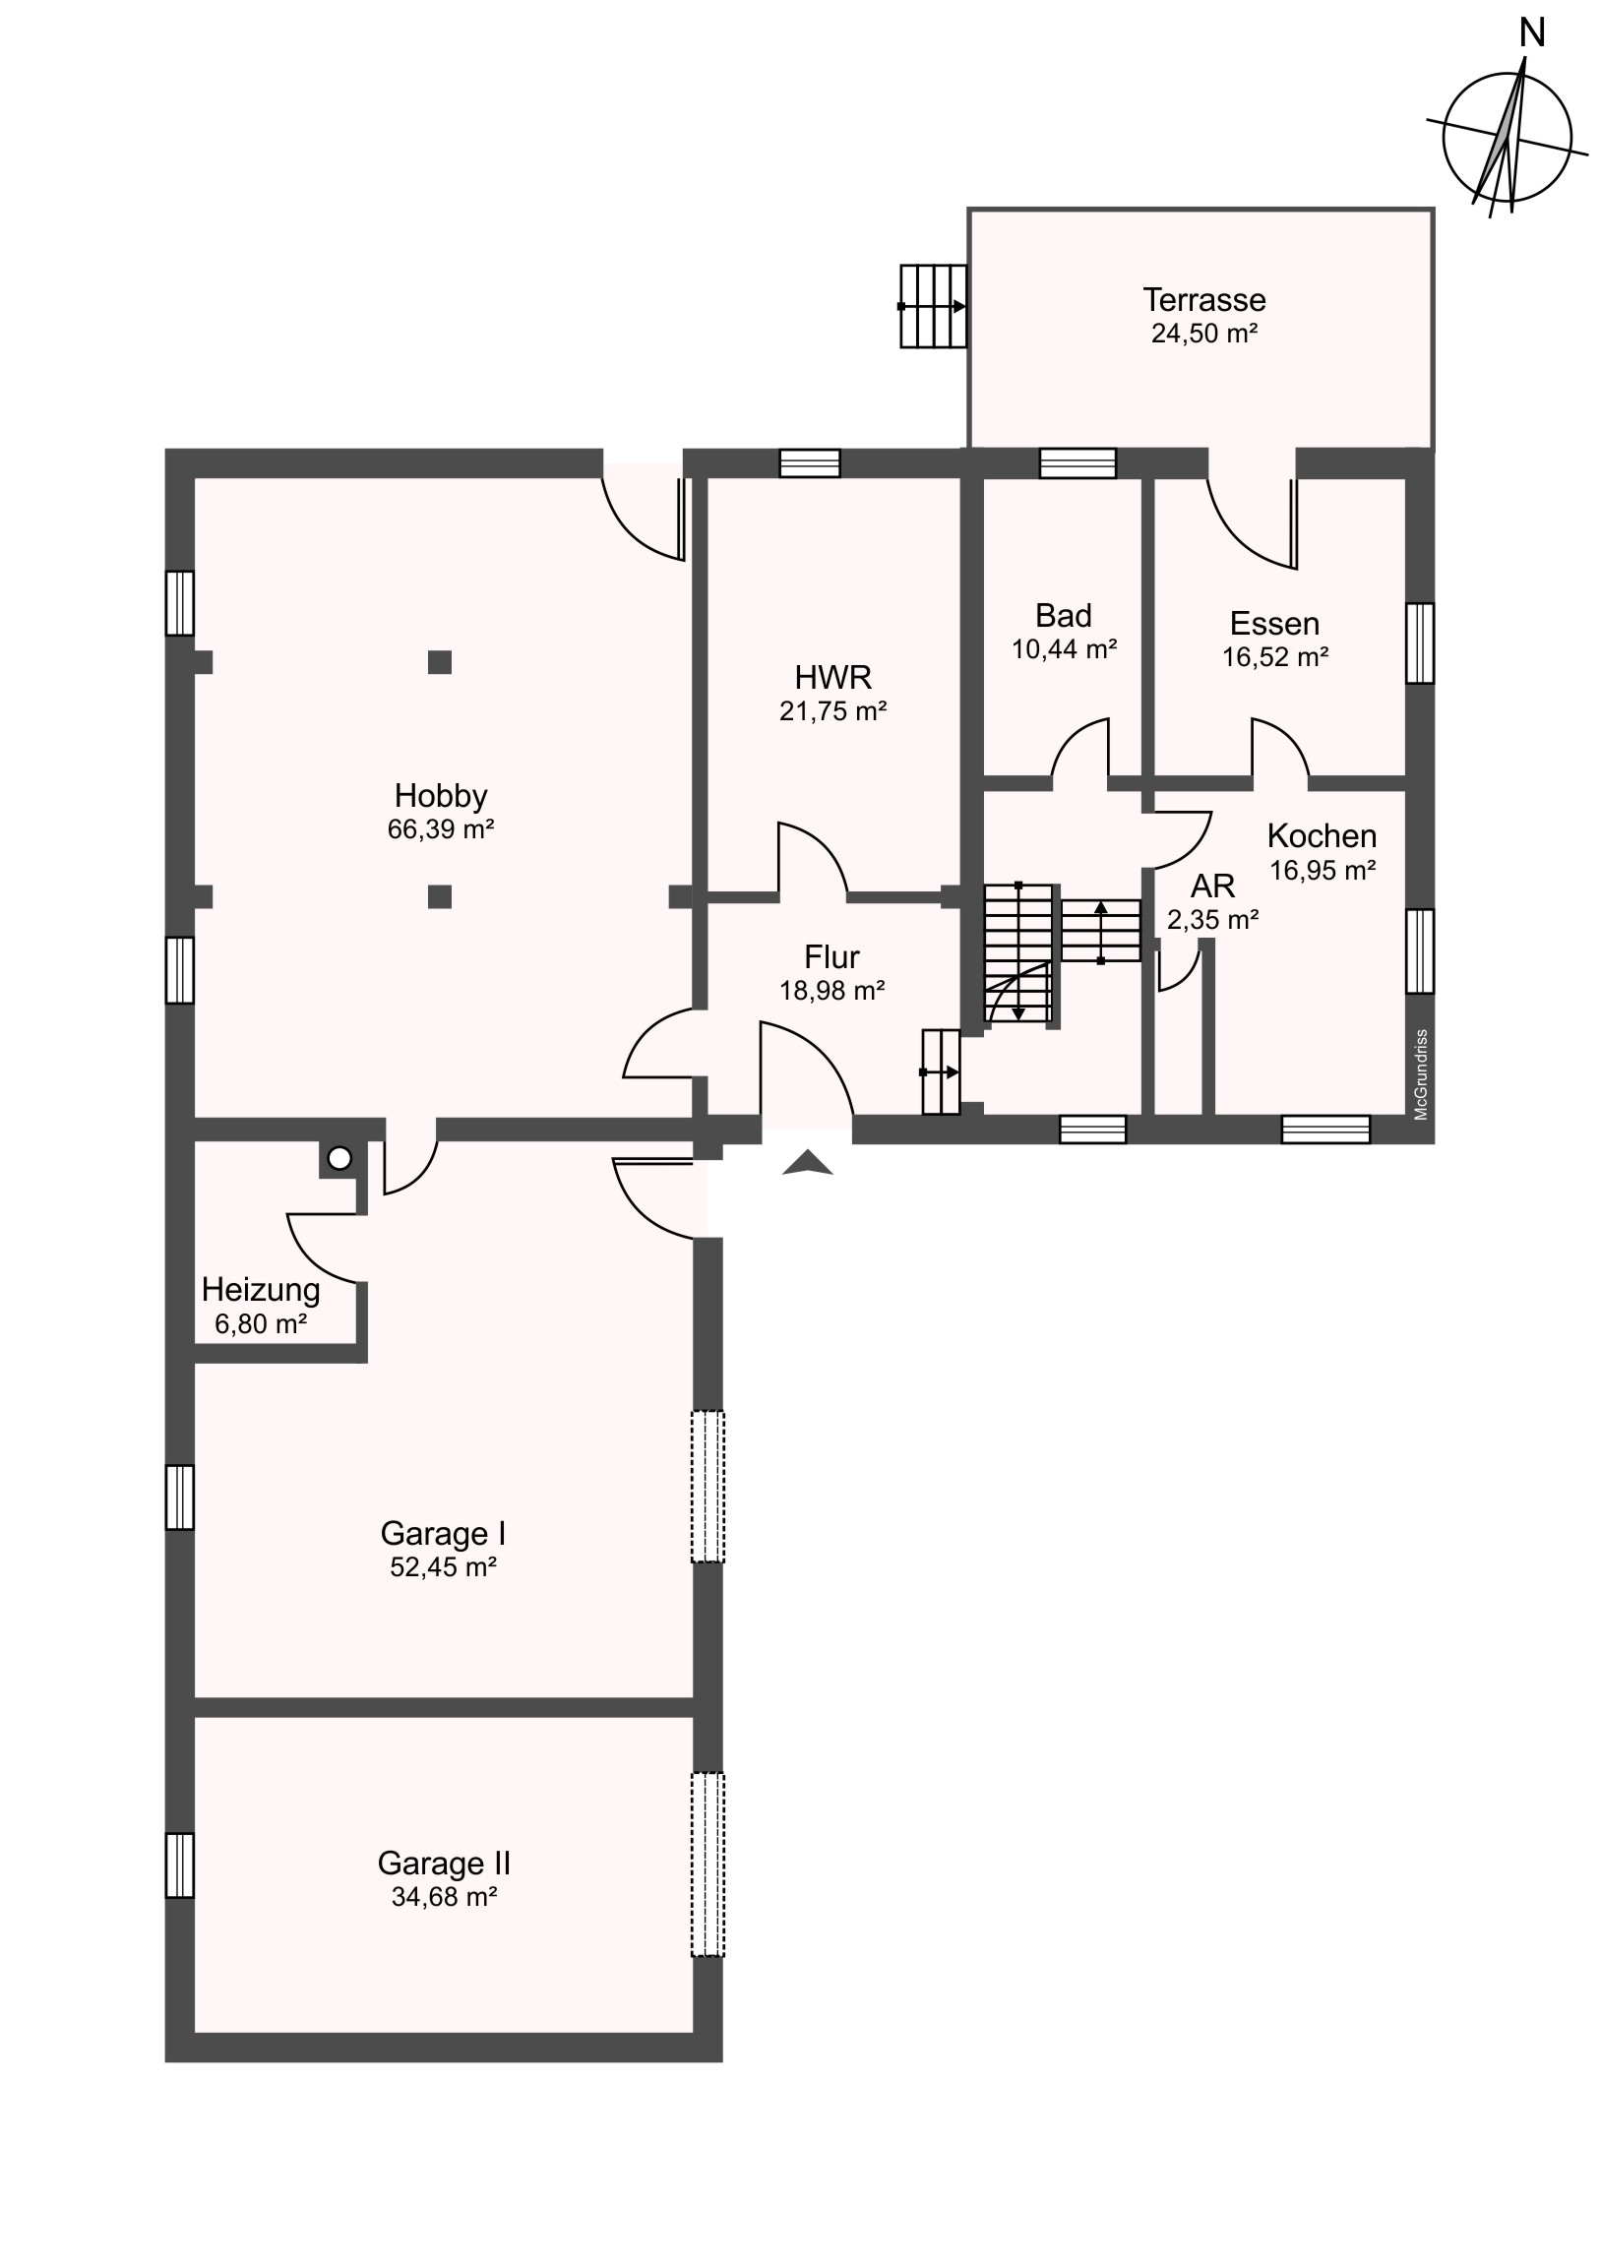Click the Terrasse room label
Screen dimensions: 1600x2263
point(1203,300)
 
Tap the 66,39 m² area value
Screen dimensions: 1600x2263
point(441,828)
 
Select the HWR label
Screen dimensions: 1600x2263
point(833,677)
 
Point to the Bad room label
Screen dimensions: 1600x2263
point(1064,616)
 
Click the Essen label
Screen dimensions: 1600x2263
point(1274,624)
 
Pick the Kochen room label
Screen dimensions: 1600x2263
point(1322,835)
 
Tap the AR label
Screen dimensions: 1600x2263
point(1212,887)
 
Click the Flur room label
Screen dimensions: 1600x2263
point(832,957)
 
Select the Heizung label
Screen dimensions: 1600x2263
point(261,1290)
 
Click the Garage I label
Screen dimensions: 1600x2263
point(443,1534)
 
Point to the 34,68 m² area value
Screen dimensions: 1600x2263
point(444,1896)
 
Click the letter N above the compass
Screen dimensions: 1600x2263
point(1531,34)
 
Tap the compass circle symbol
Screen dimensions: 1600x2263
point(1507,137)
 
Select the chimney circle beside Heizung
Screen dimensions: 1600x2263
point(339,1159)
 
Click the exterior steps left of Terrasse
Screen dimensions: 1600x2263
point(934,306)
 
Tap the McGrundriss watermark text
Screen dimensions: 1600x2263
point(1421,1074)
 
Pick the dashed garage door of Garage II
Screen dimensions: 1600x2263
point(707,1864)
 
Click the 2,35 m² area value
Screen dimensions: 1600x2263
point(1212,920)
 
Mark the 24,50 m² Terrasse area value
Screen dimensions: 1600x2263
point(1203,334)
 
